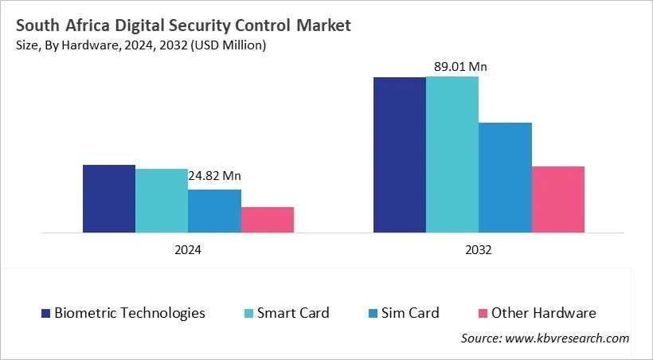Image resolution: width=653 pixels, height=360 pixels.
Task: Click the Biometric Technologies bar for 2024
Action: point(109,199)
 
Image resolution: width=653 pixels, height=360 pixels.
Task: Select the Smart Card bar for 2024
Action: point(162,201)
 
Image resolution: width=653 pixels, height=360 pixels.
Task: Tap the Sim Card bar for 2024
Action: point(214,211)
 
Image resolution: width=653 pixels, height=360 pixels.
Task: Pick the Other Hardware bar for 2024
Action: point(268,220)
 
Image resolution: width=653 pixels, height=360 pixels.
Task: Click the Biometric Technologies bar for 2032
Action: point(400,155)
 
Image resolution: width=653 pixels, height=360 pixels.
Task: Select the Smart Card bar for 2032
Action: point(452,155)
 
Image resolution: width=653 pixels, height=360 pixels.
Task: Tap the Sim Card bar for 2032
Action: point(505,178)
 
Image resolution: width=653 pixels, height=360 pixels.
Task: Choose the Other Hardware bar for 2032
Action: point(558,199)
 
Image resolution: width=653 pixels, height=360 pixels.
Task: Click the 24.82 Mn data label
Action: point(214,175)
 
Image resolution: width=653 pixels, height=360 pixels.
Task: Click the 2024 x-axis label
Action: point(188,249)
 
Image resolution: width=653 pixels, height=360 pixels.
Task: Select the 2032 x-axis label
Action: point(479,249)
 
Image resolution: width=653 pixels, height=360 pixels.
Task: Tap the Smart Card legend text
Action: point(293,313)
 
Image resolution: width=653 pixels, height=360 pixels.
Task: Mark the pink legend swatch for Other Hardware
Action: point(482,313)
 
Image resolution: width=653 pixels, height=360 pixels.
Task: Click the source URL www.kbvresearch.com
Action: point(567,338)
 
